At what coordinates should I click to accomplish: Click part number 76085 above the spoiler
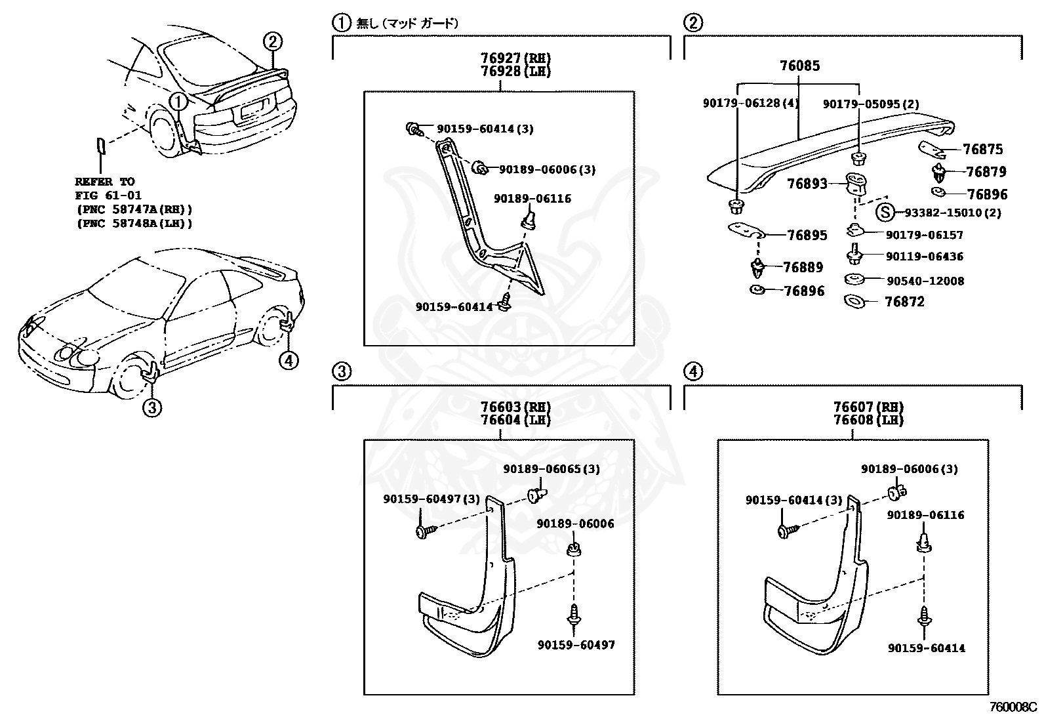point(799,66)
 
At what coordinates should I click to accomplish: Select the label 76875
point(982,150)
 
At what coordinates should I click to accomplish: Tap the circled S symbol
point(885,212)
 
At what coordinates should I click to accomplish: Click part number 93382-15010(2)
point(953,213)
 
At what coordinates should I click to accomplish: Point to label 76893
point(807,184)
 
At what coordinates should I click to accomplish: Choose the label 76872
point(904,302)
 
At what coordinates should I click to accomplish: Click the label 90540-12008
point(925,281)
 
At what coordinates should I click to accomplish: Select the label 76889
point(803,267)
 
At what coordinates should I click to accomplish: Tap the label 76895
point(807,235)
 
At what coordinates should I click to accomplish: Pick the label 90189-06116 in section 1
point(532,198)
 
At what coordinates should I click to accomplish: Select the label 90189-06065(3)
point(552,469)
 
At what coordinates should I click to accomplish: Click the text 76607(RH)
point(869,407)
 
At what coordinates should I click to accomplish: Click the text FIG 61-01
point(108,196)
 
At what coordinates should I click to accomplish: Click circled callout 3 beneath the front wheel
point(151,408)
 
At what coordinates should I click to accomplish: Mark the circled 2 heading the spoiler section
point(693,23)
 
